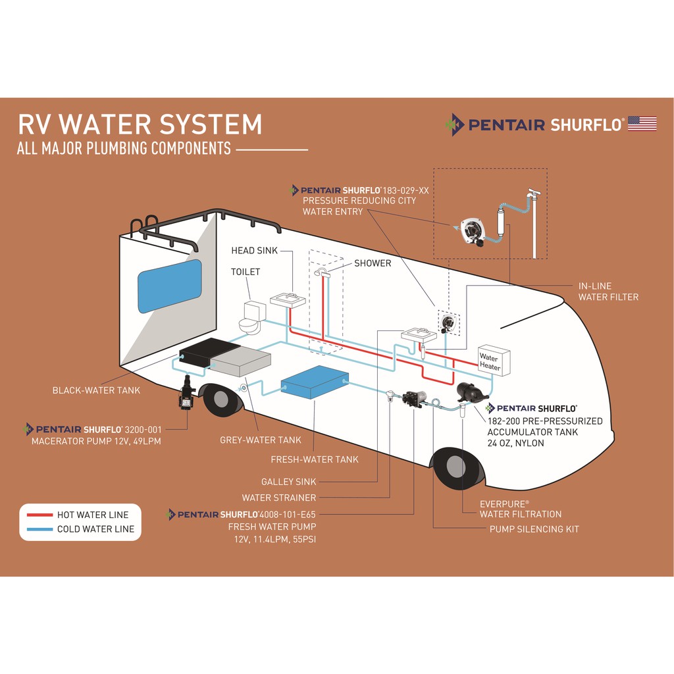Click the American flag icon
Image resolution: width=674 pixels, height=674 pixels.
click(x=642, y=123)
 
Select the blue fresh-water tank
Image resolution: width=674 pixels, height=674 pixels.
click(x=314, y=381)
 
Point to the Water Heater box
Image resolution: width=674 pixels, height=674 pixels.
click(x=494, y=361)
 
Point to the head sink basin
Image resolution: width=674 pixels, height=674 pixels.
click(x=288, y=300)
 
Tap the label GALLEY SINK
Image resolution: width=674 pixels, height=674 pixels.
click(x=288, y=482)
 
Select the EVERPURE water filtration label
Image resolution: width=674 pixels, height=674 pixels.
click(x=520, y=508)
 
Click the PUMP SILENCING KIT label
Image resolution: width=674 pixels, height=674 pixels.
click(x=534, y=529)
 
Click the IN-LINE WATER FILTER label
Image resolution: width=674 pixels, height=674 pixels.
click(x=608, y=292)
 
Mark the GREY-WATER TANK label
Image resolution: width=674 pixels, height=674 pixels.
click(x=260, y=440)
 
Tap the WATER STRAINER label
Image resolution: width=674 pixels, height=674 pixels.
click(x=278, y=498)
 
